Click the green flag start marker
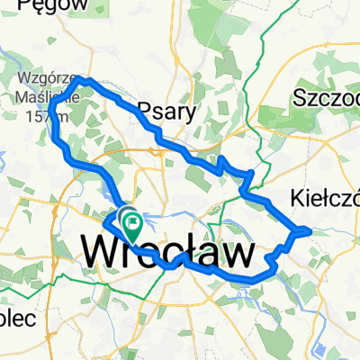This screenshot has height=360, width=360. click(132, 219)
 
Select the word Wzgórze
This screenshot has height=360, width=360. click(38, 76)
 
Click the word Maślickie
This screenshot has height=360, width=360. click(38, 91)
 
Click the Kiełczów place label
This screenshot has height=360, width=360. click(326, 197)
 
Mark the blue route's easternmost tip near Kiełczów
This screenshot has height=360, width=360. click(310, 230)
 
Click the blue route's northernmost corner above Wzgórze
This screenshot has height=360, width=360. click(85, 79)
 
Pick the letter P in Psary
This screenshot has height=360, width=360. click(144, 112)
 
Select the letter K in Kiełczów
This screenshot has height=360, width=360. click(299, 197)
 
